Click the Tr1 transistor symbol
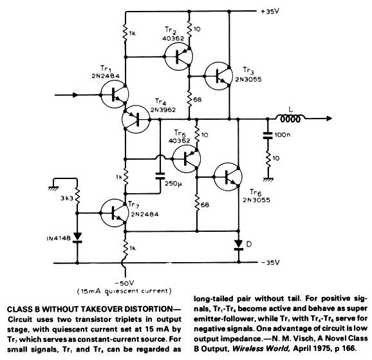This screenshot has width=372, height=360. point(115,94)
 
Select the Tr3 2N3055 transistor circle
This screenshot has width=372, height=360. point(219,76)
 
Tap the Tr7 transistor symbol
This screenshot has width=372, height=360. point(115,213)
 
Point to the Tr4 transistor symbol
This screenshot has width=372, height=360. point(136,119)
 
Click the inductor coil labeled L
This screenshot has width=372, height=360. point(290,118)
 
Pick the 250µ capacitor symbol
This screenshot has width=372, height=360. point(160,176)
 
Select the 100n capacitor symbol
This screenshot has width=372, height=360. point(268,135)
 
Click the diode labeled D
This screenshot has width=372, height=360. point(238,245)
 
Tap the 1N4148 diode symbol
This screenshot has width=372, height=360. point(77,238)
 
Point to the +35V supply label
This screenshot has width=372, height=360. point(270,12)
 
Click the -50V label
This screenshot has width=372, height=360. point(124,283)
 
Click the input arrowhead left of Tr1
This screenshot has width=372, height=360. point(75,95)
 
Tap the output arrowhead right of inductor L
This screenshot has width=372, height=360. point(329,118)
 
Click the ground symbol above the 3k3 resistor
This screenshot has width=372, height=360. point(53,188)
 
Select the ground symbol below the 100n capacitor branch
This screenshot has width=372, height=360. point(268,180)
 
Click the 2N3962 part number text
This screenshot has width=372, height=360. point(163,110)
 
